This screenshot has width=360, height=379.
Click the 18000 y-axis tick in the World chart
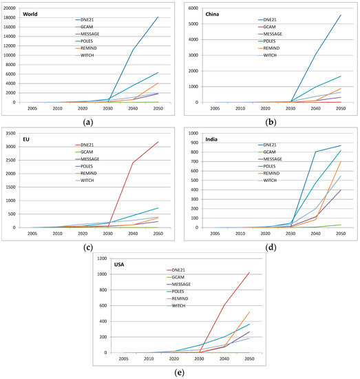point(11,17)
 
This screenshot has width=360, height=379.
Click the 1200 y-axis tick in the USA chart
point(101,258)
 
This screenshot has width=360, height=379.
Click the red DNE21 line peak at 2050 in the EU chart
point(158,142)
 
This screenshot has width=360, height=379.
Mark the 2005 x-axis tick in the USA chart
point(123,359)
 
